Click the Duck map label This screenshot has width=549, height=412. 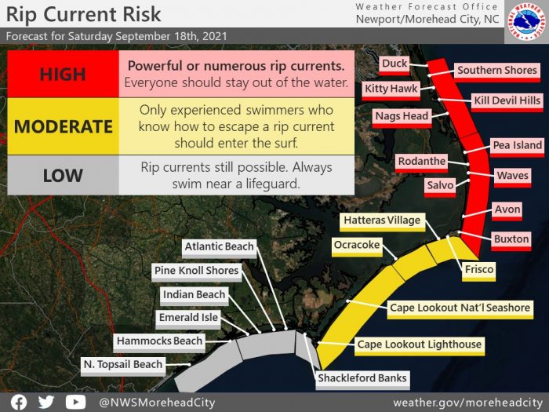[x=394, y=64]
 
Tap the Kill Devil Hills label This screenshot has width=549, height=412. [x=507, y=101]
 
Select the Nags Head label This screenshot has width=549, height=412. [x=402, y=117]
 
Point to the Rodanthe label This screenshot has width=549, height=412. [x=422, y=162]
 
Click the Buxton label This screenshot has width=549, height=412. [x=511, y=240]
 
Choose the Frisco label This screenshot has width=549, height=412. [x=478, y=271]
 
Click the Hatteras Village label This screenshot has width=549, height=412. [x=382, y=221]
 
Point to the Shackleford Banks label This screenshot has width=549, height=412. [x=362, y=379]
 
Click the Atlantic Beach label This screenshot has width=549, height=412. [x=219, y=248]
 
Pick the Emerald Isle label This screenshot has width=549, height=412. [x=188, y=319]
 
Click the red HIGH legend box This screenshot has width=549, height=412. [x=63, y=74]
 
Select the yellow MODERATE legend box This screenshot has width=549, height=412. [x=63, y=126]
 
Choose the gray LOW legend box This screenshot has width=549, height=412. [x=63, y=175]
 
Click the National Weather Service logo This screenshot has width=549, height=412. [x=526, y=22]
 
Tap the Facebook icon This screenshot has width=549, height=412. [x=19, y=402]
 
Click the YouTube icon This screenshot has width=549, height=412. [x=75, y=402]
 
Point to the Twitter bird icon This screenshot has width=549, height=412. [x=46, y=402]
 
